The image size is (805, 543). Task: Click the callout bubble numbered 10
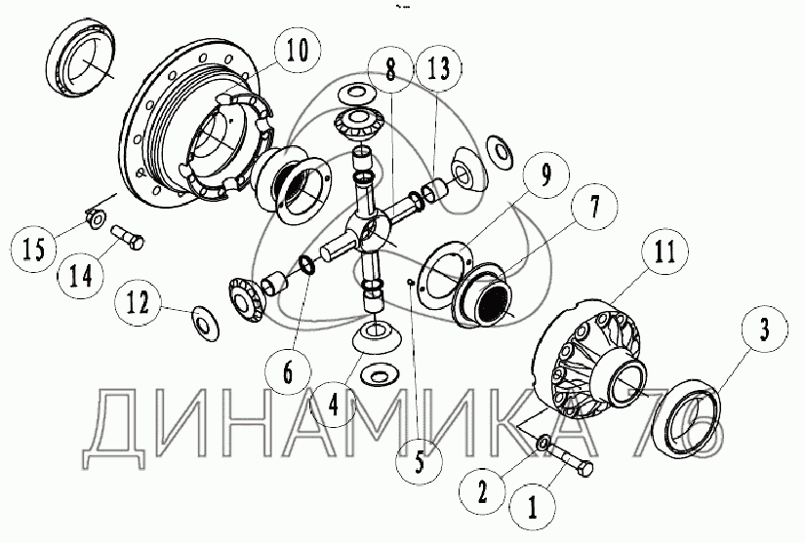click(298, 52)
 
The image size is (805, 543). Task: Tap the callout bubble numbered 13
click(438, 67)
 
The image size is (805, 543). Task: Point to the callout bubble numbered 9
click(546, 175)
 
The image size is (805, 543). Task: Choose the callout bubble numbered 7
click(594, 206)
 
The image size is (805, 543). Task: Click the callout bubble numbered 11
click(665, 252)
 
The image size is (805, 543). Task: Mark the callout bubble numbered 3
click(764, 329)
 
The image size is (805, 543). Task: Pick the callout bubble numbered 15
click(34, 250)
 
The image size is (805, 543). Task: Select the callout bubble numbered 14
click(81, 277)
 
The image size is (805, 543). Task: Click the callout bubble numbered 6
click(288, 371)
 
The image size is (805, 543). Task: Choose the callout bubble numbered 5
click(419, 462)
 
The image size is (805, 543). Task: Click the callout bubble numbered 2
click(482, 492)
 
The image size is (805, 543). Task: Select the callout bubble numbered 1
click(532, 508)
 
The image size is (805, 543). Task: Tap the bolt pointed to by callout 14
click(127, 238)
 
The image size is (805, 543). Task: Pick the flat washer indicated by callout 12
click(205, 323)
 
